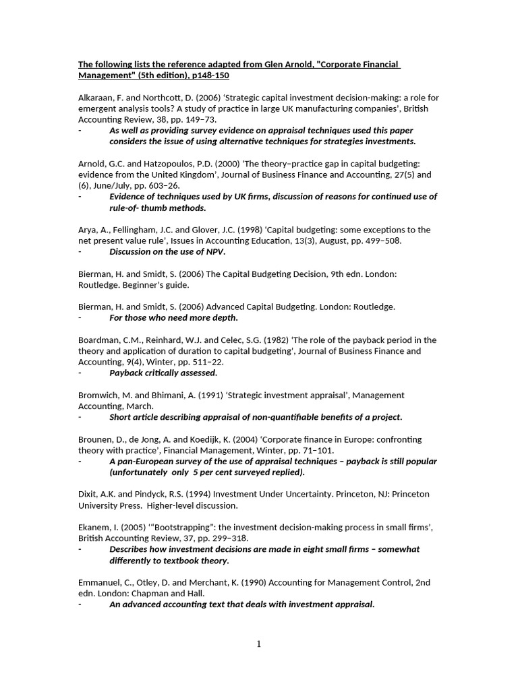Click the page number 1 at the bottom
click(258, 644)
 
